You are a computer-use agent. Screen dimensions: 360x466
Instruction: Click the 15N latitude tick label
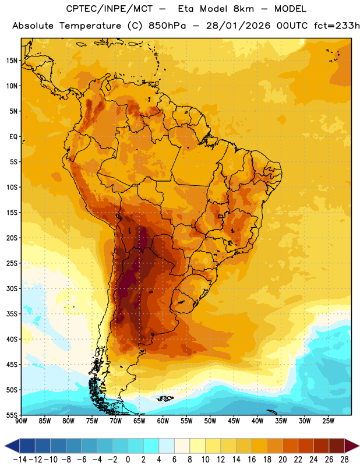coord(12,61)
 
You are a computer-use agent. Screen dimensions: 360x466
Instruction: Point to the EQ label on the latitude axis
coord(13,137)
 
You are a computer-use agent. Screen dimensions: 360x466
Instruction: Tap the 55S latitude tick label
coord(12,415)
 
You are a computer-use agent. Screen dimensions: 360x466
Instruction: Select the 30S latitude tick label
coord(12,288)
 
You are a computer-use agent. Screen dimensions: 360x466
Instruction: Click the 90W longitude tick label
coord(21,421)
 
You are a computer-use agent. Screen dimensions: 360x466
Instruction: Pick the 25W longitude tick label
coord(328,421)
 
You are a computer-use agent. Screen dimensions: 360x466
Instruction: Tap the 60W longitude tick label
coord(163,421)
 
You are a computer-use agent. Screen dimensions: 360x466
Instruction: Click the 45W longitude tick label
coord(234,421)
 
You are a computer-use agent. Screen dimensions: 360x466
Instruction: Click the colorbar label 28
coord(344,460)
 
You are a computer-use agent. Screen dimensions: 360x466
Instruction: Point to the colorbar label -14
coord(20,460)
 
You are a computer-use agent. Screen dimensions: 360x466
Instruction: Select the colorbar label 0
coord(128,460)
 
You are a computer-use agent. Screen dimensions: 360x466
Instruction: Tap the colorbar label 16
coord(252,460)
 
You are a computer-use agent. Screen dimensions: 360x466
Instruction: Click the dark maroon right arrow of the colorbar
coord(351,446)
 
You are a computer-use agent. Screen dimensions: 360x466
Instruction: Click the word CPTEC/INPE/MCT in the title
coord(109,9)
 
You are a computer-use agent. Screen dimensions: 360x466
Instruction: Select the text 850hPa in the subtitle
coord(167,26)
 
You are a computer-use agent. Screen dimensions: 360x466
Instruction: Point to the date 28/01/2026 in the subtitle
coord(238,26)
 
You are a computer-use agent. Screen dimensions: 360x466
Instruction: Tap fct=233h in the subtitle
coord(337,26)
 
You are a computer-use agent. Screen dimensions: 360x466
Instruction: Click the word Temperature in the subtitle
coord(90,26)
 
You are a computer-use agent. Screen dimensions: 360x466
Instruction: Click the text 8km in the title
coord(243,9)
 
